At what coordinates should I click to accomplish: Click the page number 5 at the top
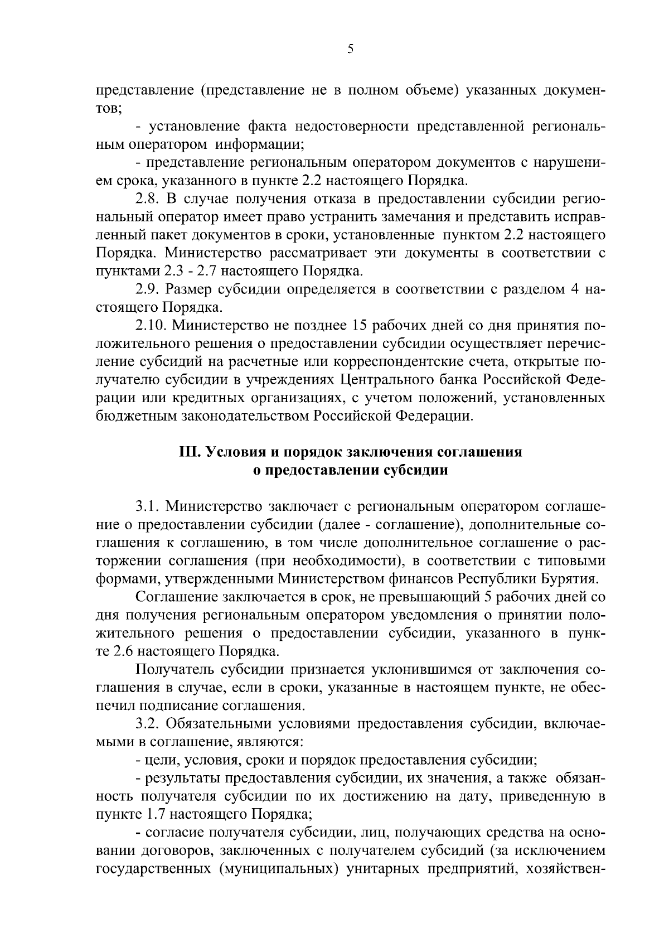[350, 49]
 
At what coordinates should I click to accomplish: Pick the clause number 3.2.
[148, 724]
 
